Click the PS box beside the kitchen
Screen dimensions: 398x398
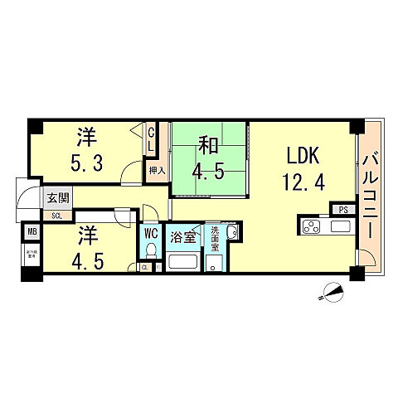tap(342, 210)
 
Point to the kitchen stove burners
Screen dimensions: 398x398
tap(313, 226)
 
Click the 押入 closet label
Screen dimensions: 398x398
tap(156, 171)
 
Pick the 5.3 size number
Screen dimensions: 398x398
tap(85, 163)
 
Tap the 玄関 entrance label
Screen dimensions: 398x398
tap(57, 199)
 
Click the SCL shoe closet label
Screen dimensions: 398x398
tap(56, 215)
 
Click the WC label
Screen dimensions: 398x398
tap(152, 233)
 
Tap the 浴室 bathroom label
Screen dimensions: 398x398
tap(183, 236)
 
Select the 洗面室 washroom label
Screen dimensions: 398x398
tap(215, 238)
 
